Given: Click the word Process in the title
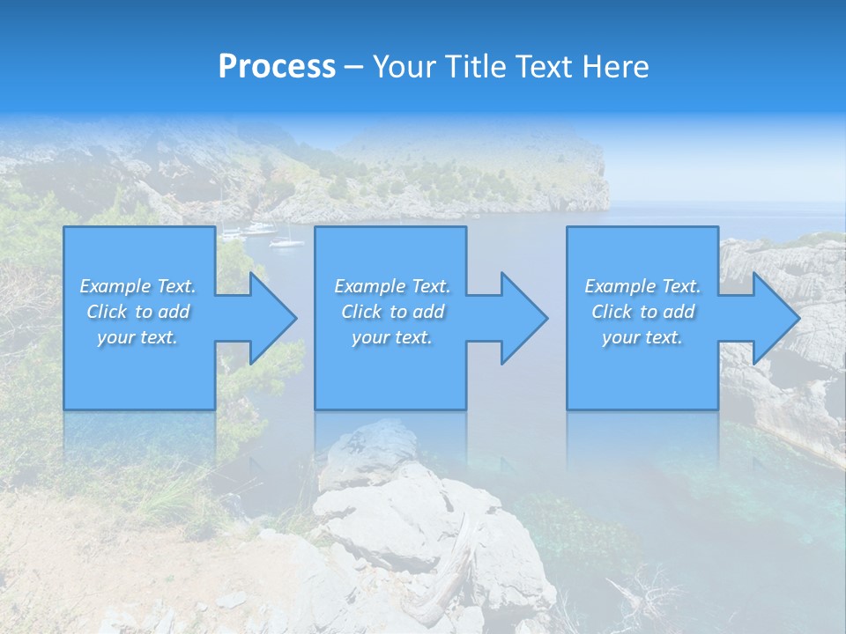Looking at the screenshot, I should point(277,67).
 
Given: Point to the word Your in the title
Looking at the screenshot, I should point(404,67).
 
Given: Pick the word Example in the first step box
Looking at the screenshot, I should point(115,286).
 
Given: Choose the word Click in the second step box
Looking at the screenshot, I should point(361,312).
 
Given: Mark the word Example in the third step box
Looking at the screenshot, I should point(620,286).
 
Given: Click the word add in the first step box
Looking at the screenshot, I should point(174,312).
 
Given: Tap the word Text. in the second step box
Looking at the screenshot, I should point(431,286).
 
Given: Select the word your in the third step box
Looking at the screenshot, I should point(621,337).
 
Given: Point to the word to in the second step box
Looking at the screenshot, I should point(398,312).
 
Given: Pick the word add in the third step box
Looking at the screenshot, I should point(679,312).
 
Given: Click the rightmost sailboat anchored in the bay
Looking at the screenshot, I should point(287,240).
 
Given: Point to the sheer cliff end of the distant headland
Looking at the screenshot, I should point(599,181).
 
